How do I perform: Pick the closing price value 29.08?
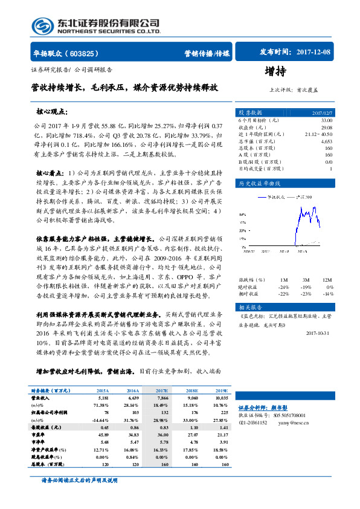click(x=326, y=128)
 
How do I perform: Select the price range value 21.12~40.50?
click(x=318, y=134)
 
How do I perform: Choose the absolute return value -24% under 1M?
click(x=283, y=287)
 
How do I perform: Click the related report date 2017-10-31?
click(x=319, y=332)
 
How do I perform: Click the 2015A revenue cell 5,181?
click(x=101, y=398)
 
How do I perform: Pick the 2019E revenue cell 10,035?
click(x=222, y=398)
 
